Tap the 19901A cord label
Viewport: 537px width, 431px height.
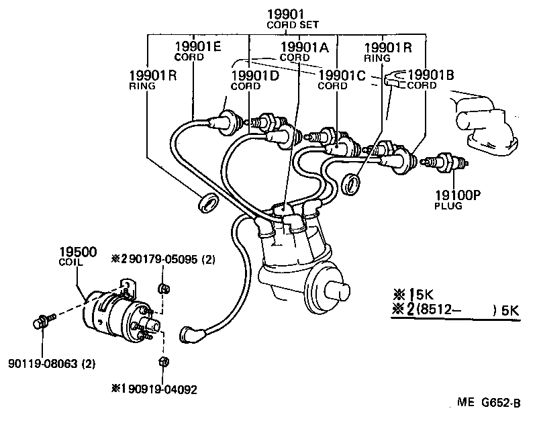[304, 46]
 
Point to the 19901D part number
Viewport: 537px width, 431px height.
[255, 75]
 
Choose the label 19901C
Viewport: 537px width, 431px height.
[341, 75]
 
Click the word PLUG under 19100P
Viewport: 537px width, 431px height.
[448, 205]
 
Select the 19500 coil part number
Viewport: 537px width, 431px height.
[77, 252]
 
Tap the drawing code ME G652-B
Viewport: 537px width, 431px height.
[489, 403]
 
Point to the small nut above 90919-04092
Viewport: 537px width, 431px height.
[162, 363]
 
